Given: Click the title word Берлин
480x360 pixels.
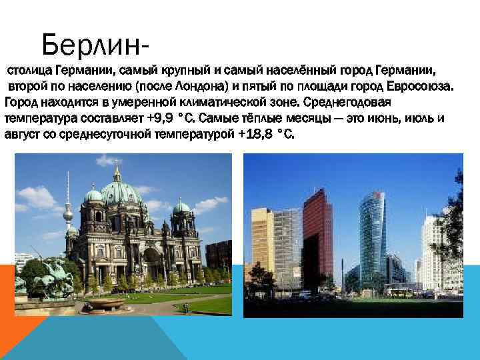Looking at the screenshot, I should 91,45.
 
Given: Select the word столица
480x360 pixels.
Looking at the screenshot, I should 29,71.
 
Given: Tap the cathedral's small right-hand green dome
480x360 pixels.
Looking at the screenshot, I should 181,207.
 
